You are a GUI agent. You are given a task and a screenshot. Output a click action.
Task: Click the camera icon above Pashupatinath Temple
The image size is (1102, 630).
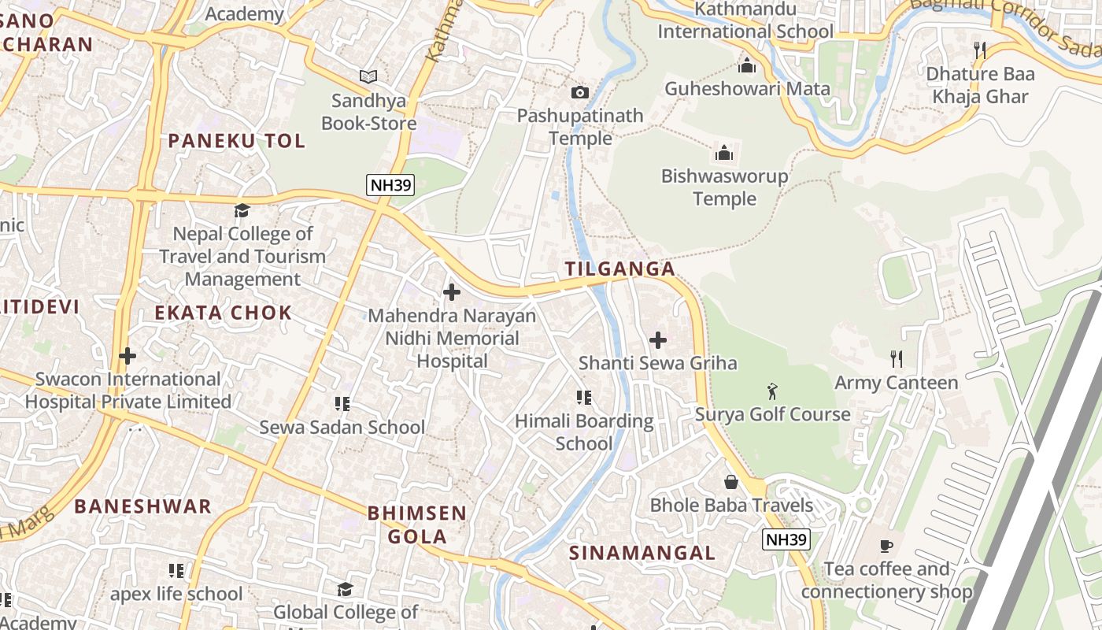coord(580,92)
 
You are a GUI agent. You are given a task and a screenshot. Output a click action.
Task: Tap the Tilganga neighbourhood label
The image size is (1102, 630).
coord(620,269)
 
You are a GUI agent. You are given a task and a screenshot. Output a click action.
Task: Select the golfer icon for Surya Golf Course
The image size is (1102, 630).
coord(772,391)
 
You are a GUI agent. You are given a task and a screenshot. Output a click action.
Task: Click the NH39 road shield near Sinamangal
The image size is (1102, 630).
coord(786,539)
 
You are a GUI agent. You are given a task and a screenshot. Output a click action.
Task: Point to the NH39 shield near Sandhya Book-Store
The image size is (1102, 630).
coord(390,186)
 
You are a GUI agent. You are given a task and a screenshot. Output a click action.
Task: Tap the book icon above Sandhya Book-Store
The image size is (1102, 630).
coord(368,76)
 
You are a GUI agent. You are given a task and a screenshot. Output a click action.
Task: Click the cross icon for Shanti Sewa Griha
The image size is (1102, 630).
coord(658,340)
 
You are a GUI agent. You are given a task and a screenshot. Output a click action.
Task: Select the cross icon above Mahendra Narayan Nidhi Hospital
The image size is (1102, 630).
coord(452,292)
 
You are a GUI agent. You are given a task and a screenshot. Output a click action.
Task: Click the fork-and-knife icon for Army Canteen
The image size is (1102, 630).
coord(896,359)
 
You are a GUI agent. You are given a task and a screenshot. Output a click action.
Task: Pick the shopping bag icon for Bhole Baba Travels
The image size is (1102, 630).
coord(731,481)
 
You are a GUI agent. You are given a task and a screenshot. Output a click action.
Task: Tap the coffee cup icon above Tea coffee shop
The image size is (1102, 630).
coord(886,546)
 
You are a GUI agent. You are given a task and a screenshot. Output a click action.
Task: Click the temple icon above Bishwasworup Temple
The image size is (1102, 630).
coord(723,153)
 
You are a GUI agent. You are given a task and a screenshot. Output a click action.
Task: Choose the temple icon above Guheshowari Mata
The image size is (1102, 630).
coord(746,65)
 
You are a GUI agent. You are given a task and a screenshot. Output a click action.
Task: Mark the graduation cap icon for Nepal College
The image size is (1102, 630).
coord(242,210)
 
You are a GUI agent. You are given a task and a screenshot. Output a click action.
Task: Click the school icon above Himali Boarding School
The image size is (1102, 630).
coord(583,398)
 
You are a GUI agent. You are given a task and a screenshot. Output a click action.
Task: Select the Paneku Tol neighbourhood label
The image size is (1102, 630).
coord(236,141)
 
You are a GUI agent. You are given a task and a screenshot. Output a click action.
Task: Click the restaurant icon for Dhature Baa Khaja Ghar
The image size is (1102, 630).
coord(979,50)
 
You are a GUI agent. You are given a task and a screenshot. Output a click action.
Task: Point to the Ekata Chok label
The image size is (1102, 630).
coord(223,313)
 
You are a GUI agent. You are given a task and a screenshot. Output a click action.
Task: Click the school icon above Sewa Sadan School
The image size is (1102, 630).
coord(342,404)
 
